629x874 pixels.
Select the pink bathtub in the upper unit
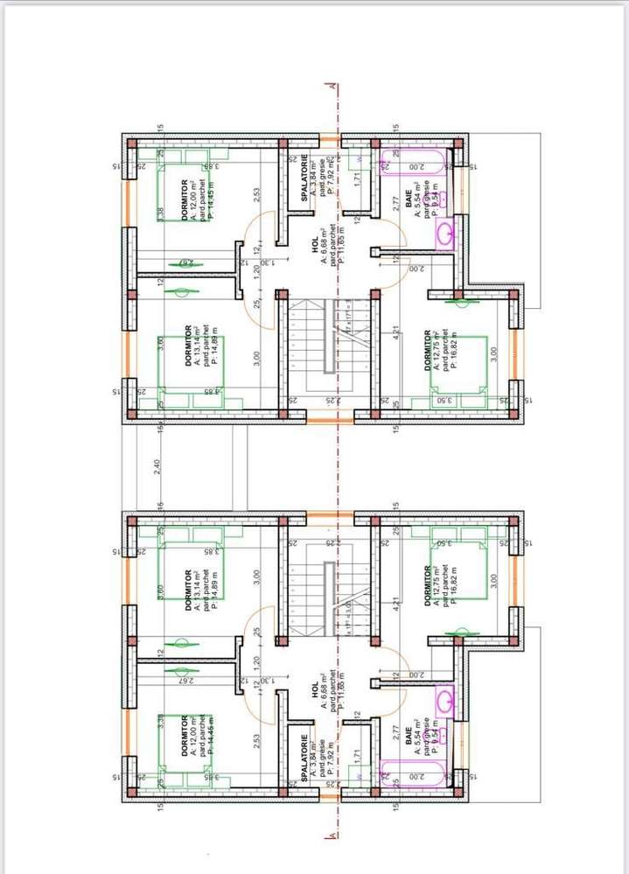click(411, 162)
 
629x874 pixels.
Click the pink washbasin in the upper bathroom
click(445, 233)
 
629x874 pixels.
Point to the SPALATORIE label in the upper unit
click(304, 181)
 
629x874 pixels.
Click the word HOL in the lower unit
click(314, 688)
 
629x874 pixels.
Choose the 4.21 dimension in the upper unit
click(396, 332)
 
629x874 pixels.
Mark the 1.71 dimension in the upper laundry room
click(357, 177)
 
